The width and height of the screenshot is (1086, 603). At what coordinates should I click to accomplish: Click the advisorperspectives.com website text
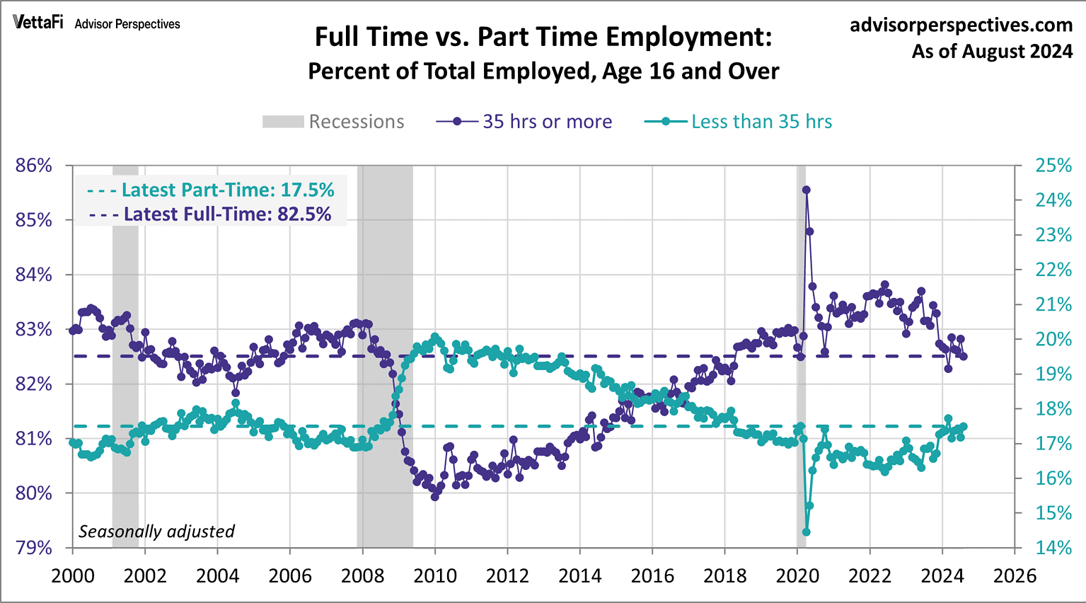[961, 25]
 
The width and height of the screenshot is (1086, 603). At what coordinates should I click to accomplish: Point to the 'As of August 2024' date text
[992, 52]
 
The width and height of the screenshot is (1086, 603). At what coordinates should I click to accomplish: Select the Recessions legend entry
[334, 122]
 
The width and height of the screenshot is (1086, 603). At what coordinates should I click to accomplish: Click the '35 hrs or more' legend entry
[524, 122]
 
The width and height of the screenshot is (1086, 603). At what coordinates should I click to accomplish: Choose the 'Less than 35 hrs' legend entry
[739, 122]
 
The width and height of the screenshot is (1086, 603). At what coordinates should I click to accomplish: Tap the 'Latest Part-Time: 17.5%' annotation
[211, 190]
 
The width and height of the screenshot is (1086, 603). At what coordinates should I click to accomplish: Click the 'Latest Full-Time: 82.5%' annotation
[211, 214]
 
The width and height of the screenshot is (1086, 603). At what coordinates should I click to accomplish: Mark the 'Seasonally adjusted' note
[156, 531]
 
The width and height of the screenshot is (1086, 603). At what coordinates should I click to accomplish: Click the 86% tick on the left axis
[34, 166]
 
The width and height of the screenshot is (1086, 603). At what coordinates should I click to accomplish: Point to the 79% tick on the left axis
[34, 548]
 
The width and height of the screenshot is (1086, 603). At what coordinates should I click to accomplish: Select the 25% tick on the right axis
[1053, 166]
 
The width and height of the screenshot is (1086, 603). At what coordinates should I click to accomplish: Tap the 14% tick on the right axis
[1053, 548]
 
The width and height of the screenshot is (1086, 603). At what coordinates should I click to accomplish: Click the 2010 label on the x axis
[435, 575]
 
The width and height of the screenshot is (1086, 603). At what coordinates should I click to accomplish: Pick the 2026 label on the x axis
[1015, 575]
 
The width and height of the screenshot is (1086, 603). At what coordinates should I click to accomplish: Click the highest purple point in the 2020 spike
[806, 190]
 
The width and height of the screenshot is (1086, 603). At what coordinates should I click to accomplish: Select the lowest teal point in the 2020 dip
[806, 532]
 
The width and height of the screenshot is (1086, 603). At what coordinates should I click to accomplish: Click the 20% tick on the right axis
[1053, 339]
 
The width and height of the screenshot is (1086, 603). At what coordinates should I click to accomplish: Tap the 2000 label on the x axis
[73, 575]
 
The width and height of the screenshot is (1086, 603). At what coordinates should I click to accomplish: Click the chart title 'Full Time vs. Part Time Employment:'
[543, 37]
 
